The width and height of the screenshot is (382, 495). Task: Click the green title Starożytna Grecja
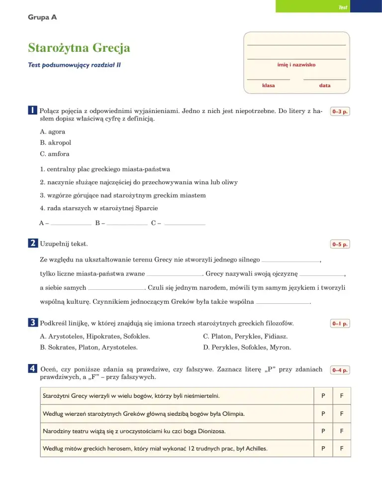79,48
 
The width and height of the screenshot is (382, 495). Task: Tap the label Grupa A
43,17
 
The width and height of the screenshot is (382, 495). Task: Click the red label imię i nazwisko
296,65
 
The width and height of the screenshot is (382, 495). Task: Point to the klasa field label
269,86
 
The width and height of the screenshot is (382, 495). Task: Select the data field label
325,86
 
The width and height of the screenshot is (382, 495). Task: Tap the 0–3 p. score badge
340,112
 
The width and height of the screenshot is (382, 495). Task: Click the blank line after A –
71,224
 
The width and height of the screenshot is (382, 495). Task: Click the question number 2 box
32,244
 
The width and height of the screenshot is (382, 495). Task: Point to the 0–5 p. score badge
340,245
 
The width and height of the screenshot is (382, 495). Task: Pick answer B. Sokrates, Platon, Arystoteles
89,347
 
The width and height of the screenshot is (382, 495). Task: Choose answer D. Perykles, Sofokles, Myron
247,347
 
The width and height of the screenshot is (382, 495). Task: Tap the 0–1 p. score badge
340,324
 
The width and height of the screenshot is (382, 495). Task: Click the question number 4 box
32,369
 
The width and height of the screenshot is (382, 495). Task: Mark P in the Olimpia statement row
323,414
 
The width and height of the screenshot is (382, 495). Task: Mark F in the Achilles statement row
342,449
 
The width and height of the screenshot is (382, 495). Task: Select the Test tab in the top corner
343,7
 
